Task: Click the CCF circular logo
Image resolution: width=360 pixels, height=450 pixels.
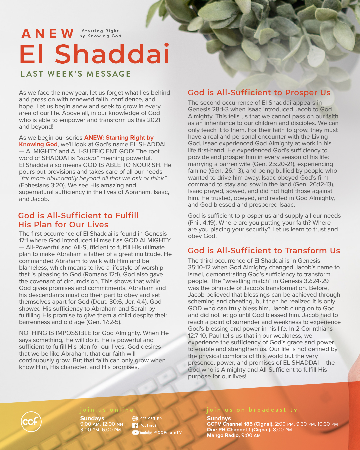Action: tap(31, 422)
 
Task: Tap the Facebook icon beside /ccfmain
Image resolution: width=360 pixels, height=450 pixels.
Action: tap(135, 425)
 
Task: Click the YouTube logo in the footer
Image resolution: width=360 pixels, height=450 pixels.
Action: tap(142, 433)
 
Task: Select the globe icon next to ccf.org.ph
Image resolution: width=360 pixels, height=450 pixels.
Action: tap(135, 418)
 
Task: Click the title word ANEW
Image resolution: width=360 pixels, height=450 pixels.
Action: tap(48, 34)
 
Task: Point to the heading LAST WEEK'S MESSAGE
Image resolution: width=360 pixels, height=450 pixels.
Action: tap(76, 74)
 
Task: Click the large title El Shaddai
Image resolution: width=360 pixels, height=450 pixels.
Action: tap(95, 54)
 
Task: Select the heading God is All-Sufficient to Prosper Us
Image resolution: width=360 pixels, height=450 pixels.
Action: tap(259, 93)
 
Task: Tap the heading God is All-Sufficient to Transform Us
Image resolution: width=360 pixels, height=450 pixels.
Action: tap(264, 251)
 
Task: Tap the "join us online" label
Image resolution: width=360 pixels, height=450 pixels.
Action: tap(107, 410)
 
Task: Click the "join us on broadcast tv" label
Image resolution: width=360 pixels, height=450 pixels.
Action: tap(252, 410)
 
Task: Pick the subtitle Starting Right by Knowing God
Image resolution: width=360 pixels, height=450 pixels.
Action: tap(100, 33)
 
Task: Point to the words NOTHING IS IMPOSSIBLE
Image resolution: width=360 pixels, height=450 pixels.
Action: tap(55, 333)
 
